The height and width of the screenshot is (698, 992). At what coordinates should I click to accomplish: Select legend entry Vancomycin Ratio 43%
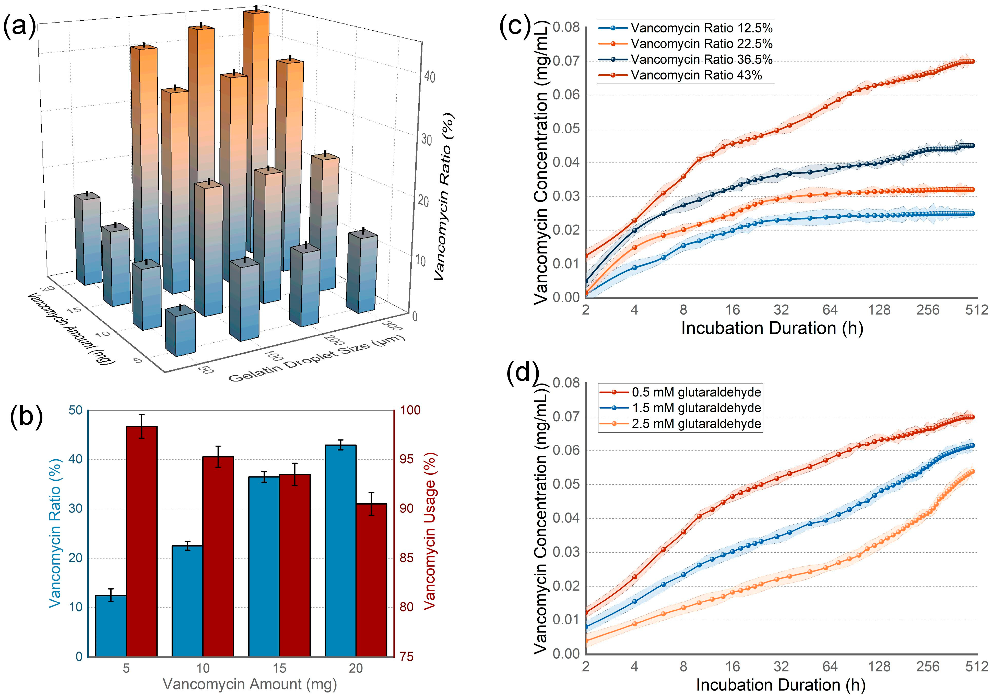(696, 75)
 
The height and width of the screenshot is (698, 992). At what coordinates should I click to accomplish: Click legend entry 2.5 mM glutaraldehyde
(696, 424)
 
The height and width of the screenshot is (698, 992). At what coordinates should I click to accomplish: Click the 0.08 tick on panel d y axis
(566, 383)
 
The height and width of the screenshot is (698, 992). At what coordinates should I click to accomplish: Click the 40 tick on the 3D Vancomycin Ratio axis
(429, 77)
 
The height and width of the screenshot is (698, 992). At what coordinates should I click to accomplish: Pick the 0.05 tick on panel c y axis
(566, 129)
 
